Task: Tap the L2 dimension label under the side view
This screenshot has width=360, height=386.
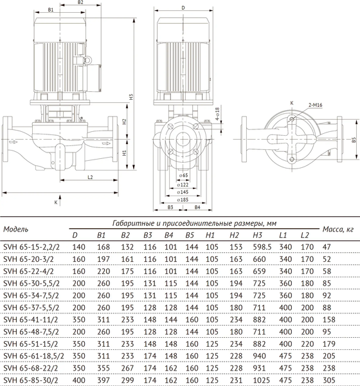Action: [90, 177]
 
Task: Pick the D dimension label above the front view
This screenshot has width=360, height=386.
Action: [183, 8]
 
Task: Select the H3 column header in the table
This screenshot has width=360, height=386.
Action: [258, 235]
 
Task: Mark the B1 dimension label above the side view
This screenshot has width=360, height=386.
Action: [51, 10]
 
